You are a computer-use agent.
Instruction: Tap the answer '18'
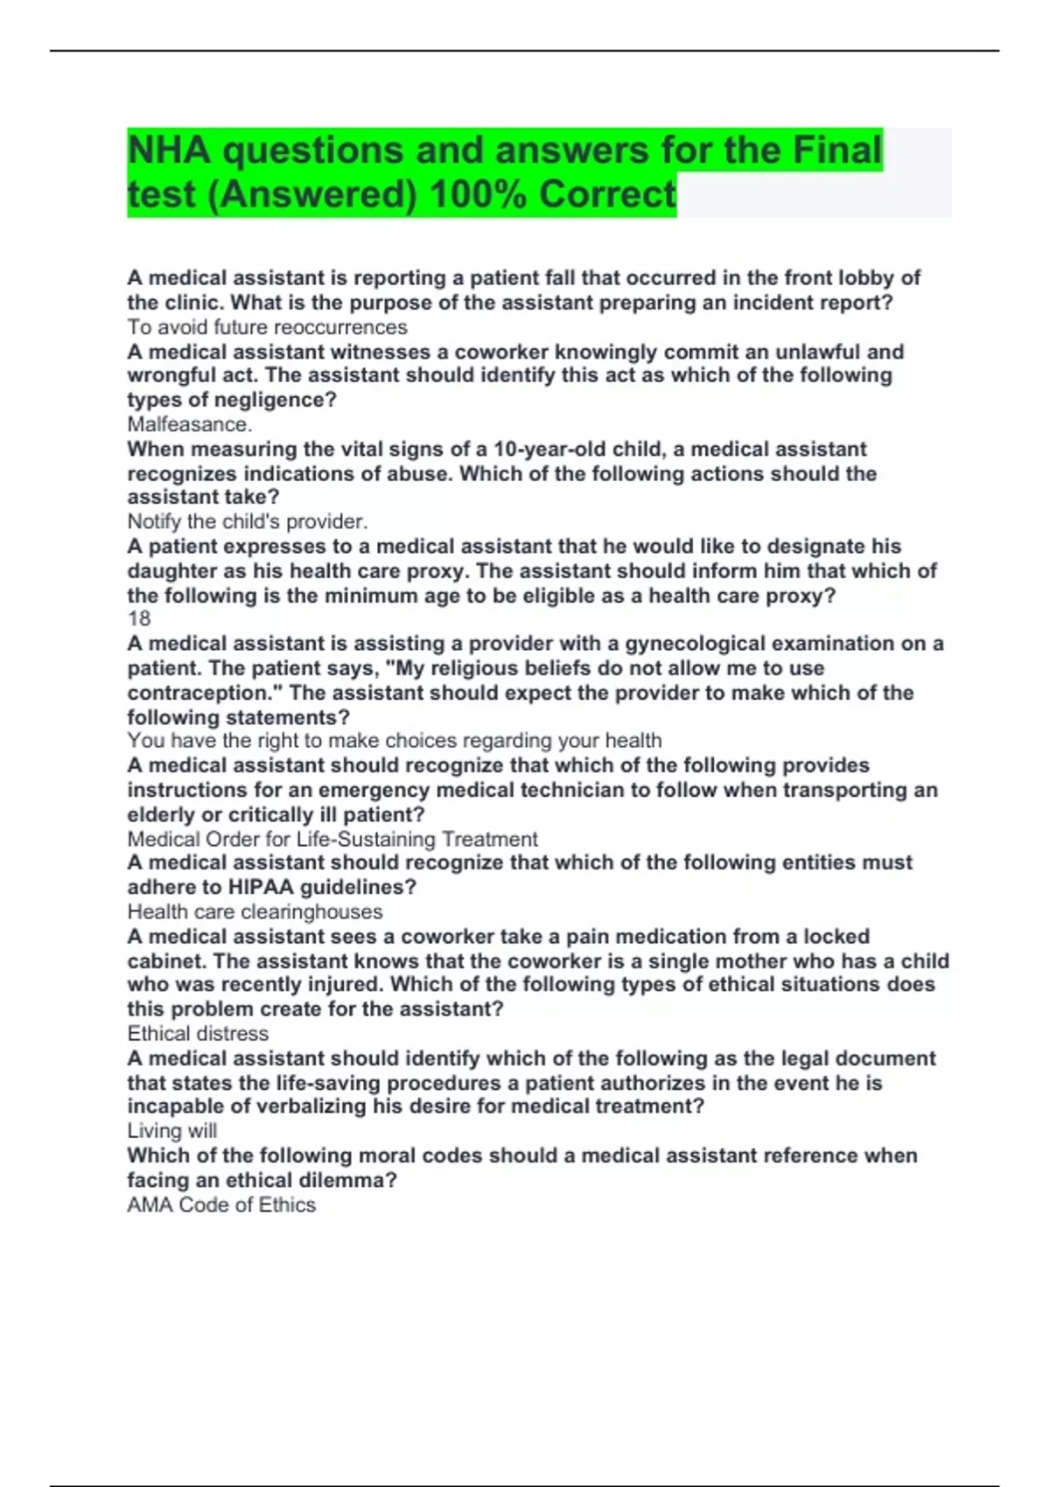139,618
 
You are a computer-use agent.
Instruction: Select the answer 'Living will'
171,1130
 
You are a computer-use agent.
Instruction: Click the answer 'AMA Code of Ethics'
221,1204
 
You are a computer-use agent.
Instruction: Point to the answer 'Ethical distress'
198,1033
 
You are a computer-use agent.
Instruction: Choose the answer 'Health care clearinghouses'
255,911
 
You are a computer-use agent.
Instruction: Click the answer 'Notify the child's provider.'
247,521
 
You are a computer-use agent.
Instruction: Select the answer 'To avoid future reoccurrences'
267,327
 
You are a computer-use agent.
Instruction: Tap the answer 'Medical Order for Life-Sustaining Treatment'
332,839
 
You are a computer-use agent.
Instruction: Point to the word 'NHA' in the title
169,150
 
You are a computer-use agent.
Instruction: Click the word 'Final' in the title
836,150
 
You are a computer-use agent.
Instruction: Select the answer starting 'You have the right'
394,741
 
